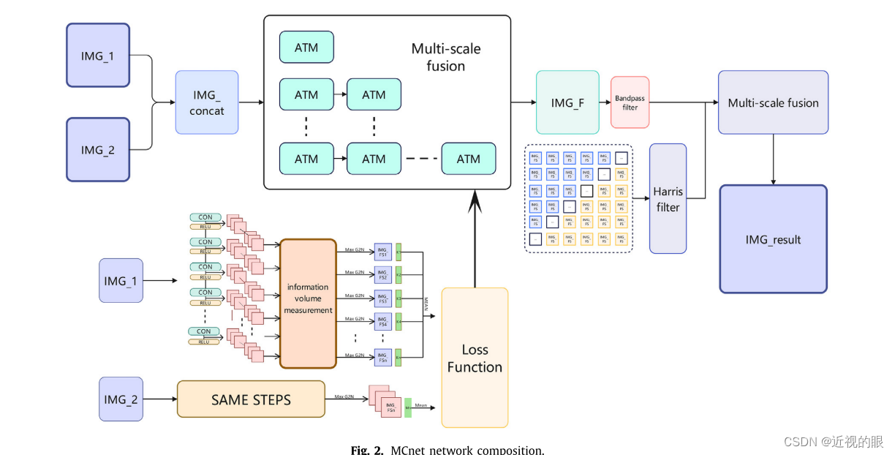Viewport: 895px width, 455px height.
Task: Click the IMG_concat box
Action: [x=207, y=102]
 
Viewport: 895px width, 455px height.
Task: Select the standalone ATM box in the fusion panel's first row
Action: [x=306, y=47]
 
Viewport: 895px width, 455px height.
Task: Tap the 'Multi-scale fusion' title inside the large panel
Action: [x=445, y=58]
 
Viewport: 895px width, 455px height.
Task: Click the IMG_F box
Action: [x=567, y=102]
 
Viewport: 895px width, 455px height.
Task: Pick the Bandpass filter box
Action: [x=630, y=102]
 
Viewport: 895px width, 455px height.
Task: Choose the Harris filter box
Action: [x=668, y=198]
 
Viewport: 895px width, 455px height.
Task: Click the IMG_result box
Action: [x=773, y=239]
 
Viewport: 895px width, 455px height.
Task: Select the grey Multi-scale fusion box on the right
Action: [x=773, y=102]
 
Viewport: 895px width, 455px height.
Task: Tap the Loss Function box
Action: [x=475, y=358]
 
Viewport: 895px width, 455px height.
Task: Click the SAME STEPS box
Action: [x=251, y=399]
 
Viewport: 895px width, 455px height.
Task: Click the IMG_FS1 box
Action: [x=383, y=252]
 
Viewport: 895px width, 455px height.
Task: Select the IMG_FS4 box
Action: [x=383, y=321]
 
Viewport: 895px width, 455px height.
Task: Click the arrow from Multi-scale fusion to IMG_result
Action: [x=773, y=159]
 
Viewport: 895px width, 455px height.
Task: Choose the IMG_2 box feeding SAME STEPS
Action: [x=121, y=399]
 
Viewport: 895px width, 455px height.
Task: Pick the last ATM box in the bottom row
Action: [x=469, y=159]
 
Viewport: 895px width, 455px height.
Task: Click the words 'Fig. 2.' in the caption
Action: [x=367, y=449]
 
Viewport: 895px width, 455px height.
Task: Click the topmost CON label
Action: [x=205, y=217]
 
